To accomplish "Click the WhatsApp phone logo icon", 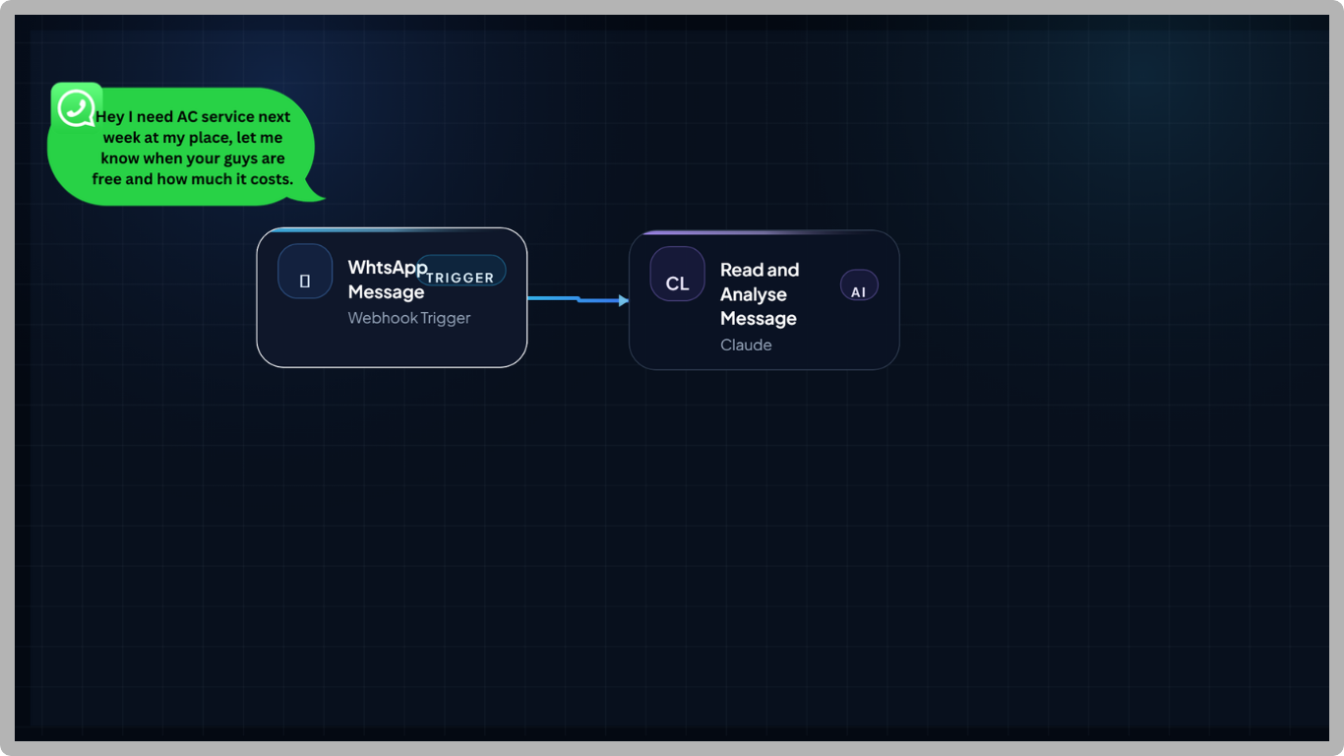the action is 76,107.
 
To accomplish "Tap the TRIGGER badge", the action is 460,271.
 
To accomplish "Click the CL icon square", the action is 677,274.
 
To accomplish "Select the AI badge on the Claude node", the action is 859,285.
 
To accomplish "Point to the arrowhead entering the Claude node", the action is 624,300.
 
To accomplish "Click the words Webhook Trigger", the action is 409,318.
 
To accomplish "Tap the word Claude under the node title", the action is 746,345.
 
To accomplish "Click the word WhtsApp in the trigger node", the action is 388,268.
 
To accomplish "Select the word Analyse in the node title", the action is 753,295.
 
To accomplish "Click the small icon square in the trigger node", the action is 305,272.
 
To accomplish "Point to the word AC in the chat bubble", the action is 187,116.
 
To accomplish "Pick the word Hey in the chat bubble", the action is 109,118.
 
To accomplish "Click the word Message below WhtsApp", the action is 386,292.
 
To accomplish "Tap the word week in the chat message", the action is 122,138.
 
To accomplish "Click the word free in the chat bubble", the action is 107,179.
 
